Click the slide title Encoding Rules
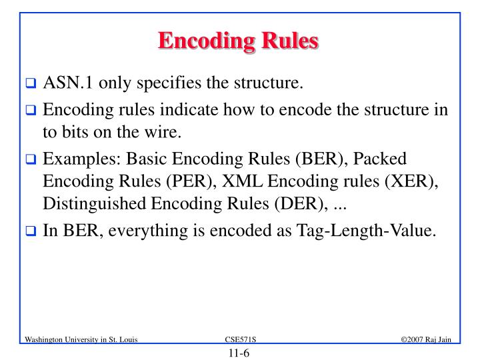pos(239,41)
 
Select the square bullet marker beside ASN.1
pos(31,85)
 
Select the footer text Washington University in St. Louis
pos(81,340)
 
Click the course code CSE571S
pos(239,340)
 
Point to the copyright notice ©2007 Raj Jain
pos(427,340)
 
